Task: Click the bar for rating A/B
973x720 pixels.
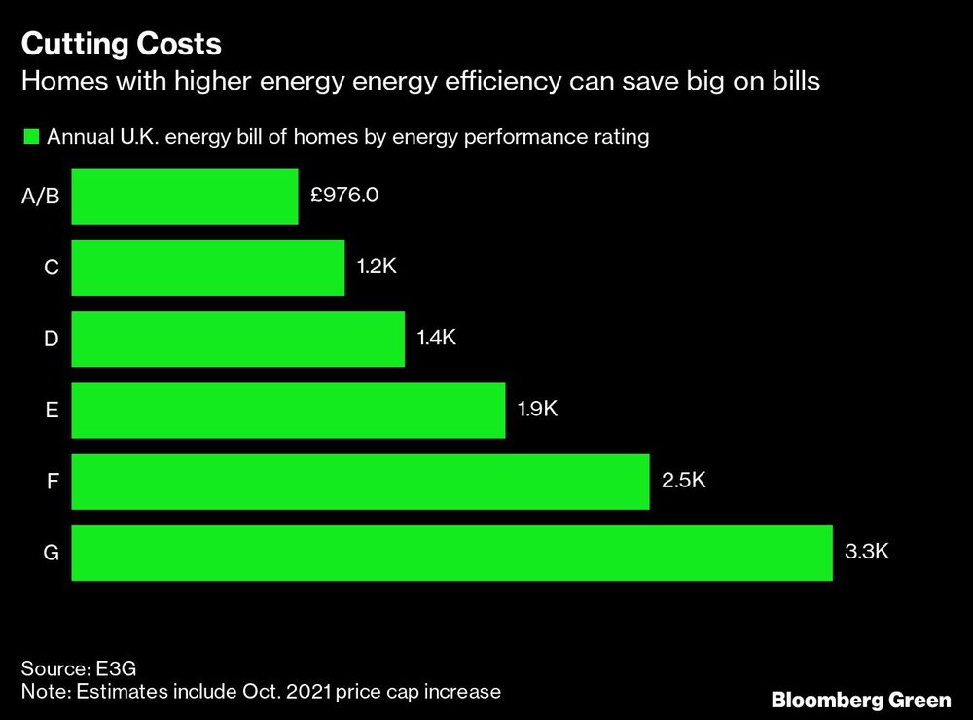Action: click(185, 197)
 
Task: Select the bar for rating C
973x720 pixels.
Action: click(208, 268)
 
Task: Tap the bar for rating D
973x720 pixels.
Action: click(238, 339)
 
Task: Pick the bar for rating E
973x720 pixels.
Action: click(288, 410)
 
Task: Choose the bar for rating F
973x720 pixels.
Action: click(360, 481)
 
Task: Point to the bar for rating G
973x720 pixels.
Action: click(451, 553)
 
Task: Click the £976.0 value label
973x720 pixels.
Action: click(344, 195)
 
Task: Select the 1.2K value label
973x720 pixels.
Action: click(377, 267)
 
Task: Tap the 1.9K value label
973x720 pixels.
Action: click(537, 409)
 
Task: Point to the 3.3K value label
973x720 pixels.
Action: click(865, 552)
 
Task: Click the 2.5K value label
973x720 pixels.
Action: click(682, 480)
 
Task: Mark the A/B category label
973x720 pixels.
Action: click(41, 198)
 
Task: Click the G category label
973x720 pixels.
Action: click(52, 554)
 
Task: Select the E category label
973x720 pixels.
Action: click(53, 411)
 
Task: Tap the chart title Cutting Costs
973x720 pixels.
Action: click(122, 44)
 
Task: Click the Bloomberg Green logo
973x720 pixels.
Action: click(861, 700)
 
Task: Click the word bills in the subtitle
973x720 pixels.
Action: click(795, 81)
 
